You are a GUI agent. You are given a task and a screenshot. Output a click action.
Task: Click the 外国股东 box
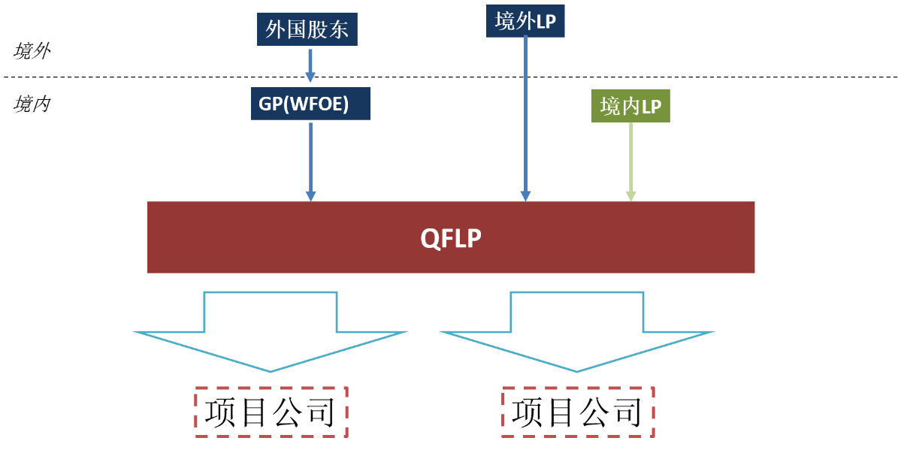(307, 29)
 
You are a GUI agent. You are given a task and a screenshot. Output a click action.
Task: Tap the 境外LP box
(525, 21)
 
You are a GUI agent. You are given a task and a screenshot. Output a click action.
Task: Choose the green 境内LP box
(630, 107)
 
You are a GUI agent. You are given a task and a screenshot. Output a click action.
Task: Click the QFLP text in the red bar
(451, 237)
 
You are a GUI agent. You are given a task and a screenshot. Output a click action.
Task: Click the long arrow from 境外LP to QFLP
(525, 113)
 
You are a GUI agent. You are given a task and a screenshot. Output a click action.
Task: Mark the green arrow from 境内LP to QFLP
(630, 159)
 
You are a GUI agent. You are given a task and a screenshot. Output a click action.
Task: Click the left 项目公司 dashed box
(271, 412)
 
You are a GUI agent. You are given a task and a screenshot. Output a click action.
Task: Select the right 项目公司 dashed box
(577, 412)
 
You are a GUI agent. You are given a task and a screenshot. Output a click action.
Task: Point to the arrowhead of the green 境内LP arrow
(630, 196)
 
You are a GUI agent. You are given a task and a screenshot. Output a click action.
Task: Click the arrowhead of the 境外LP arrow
(525, 196)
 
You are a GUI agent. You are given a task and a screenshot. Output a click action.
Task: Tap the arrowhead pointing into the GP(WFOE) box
(310, 77)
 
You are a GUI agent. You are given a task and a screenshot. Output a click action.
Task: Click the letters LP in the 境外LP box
(546, 22)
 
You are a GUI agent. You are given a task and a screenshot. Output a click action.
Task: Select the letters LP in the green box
(652, 107)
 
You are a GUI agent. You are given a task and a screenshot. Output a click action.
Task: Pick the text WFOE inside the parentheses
(319, 104)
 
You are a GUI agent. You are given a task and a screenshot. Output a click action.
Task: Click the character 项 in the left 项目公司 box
(222, 412)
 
